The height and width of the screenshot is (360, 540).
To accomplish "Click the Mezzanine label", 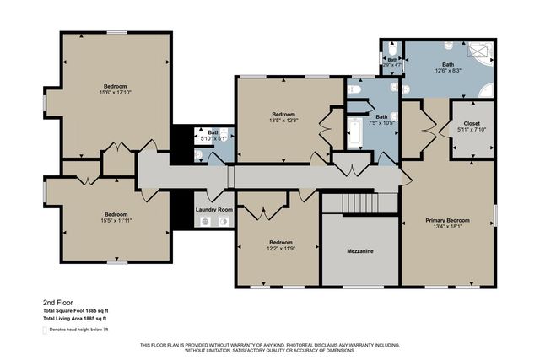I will click(360, 251).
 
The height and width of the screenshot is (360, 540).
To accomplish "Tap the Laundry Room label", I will click(213, 209).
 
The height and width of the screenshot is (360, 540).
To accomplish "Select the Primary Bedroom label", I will click(447, 221).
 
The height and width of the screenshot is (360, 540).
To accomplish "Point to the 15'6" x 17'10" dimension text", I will click(116, 94).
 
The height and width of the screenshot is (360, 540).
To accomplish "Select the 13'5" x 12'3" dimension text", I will click(283, 121).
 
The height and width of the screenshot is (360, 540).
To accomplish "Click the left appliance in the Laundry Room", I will click(204, 222).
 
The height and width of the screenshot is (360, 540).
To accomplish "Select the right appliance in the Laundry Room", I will click(224, 222).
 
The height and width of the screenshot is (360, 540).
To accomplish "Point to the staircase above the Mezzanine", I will click(360, 203).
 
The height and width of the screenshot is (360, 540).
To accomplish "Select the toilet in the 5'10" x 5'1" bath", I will click(197, 155).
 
